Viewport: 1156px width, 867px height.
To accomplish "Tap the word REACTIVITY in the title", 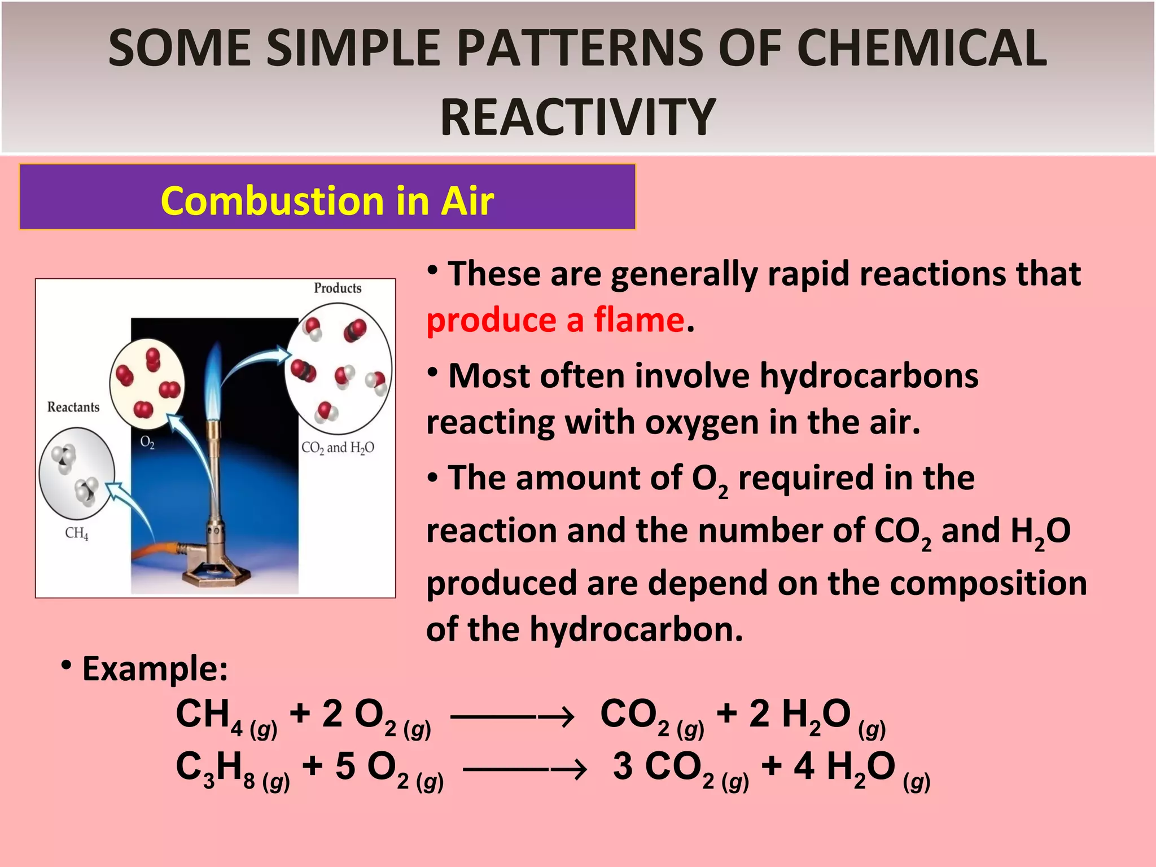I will (x=578, y=117).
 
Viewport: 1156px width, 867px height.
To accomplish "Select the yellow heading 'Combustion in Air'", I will (x=327, y=200).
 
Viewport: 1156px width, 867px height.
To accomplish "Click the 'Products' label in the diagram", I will (x=338, y=288).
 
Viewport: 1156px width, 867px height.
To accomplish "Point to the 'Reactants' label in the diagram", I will (x=73, y=407).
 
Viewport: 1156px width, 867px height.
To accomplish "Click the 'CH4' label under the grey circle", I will (x=76, y=533).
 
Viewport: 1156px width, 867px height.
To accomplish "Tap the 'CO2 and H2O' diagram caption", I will (x=338, y=448).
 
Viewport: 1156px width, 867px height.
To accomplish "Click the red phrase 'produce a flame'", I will (x=555, y=320).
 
